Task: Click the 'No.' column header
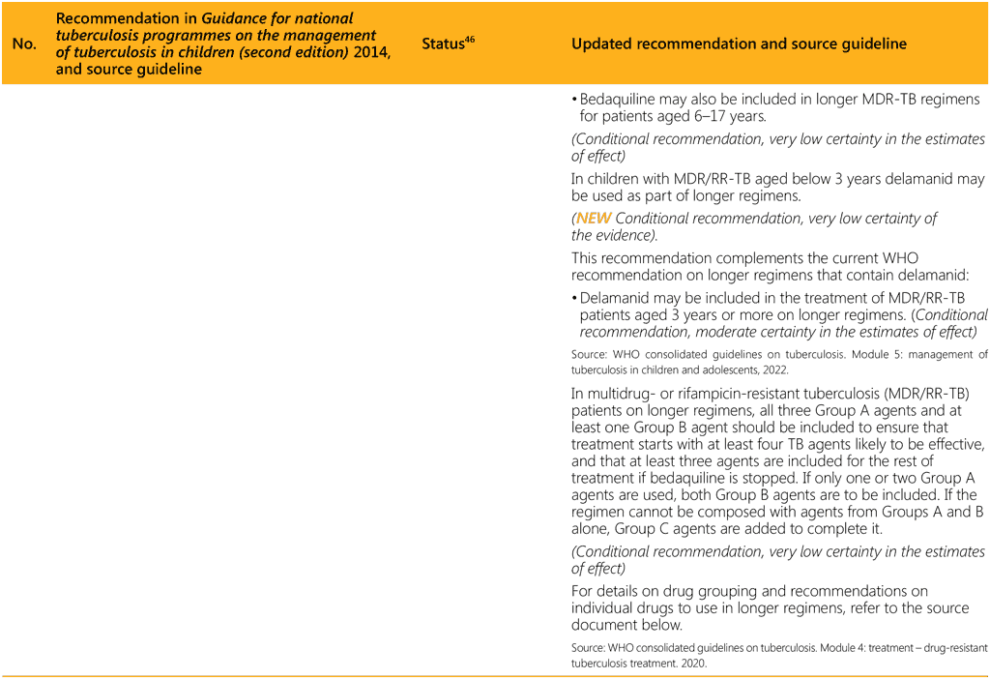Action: pos(23,44)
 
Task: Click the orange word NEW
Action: pos(594,219)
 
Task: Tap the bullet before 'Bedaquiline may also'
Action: pos(574,100)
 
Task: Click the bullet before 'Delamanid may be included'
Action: pos(574,298)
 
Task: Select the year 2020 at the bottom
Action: pos(693,664)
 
